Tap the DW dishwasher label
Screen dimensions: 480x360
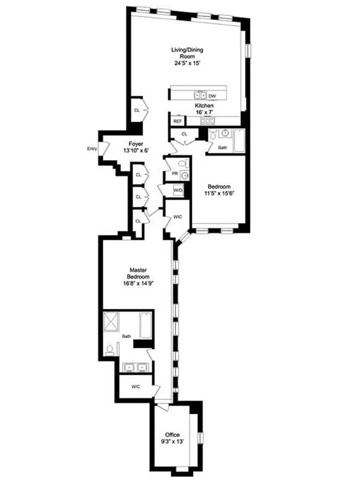[212, 96]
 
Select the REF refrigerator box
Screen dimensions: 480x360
[177, 122]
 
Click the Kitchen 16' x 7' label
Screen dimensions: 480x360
[204, 109]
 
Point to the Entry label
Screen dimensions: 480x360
[92, 148]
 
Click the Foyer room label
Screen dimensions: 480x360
[136, 147]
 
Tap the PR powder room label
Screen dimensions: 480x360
[174, 174]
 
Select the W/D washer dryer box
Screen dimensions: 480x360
[178, 190]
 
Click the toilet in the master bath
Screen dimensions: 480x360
[110, 349]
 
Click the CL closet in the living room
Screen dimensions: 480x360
[137, 110]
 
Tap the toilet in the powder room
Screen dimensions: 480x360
[183, 163]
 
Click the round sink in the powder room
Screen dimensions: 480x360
[185, 175]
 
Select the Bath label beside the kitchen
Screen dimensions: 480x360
[223, 147]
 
